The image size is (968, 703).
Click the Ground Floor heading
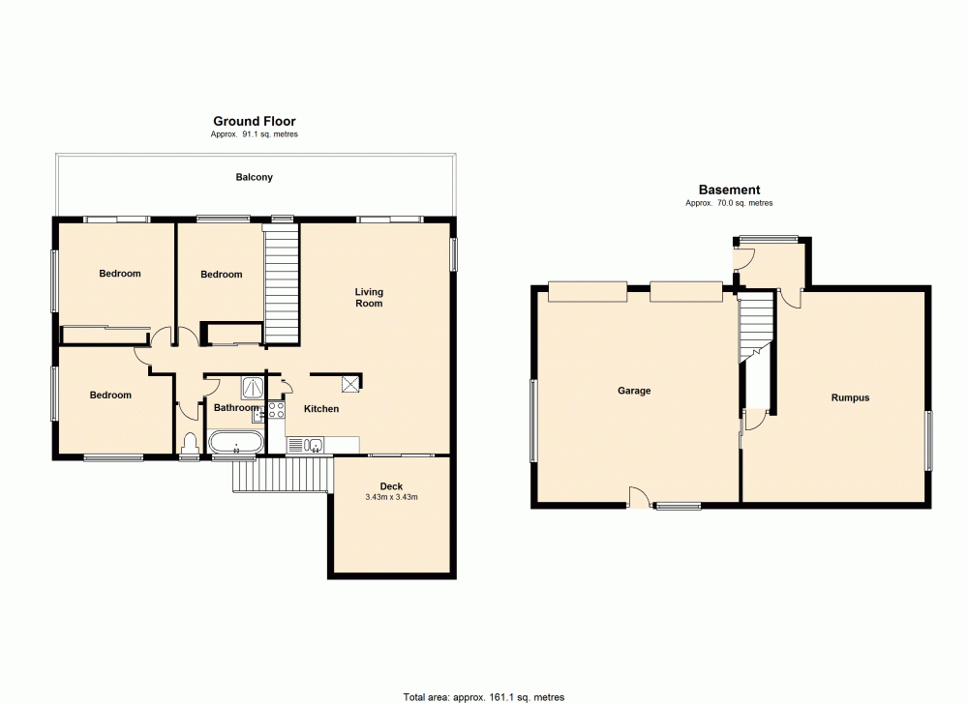[255, 122]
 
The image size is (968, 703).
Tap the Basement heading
[729, 190]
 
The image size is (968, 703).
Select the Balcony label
[255, 178]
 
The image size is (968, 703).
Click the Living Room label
[369, 298]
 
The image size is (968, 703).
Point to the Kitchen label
[321, 409]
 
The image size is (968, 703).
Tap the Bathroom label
[236, 408]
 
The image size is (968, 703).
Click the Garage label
[634, 392]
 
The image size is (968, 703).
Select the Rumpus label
[850, 397]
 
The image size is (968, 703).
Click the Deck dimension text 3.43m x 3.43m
[391, 498]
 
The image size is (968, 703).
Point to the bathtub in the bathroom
[236, 445]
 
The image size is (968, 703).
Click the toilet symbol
[190, 444]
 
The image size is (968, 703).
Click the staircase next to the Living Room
[281, 283]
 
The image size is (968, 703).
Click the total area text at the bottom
[483, 696]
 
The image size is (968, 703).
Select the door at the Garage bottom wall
[639, 496]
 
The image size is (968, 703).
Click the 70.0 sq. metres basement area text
[729, 203]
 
